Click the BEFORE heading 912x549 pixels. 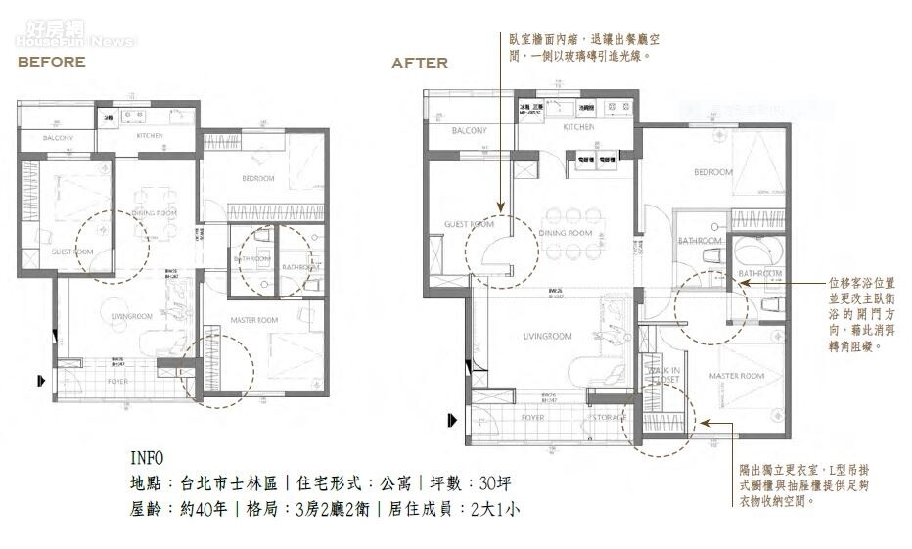[x=51, y=62]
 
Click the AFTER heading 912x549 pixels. [x=420, y=63]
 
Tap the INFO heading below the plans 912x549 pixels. [x=147, y=458]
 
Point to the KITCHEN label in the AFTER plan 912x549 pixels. [x=578, y=127]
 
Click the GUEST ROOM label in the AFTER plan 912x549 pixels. [x=469, y=224]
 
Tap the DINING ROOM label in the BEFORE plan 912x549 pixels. [x=154, y=212]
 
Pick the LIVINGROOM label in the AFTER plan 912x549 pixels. [x=547, y=337]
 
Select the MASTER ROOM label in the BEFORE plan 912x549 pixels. [x=254, y=320]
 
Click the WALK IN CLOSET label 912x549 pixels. [x=662, y=377]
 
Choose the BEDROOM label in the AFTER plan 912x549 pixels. [x=712, y=172]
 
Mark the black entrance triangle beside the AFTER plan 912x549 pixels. [x=450, y=420]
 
